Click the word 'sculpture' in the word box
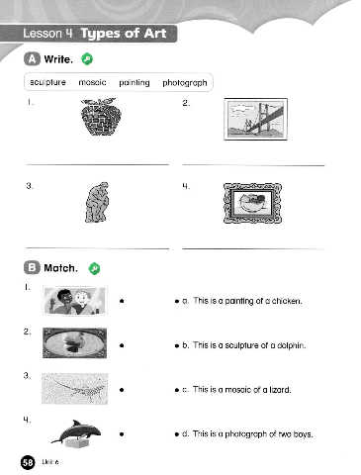[47, 82]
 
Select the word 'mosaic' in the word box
[92, 82]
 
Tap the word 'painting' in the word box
[135, 83]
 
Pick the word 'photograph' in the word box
[185, 83]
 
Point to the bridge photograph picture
[256, 119]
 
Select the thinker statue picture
[97, 202]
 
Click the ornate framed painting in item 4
[252, 203]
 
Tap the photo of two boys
[74, 301]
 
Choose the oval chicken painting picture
[75, 343]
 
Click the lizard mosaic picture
[74, 389]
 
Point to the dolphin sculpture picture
[76, 433]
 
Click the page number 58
[28, 462]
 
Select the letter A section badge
[32, 59]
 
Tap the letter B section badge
[32, 267]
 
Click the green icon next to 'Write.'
[87, 59]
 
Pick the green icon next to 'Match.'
[94, 268]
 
